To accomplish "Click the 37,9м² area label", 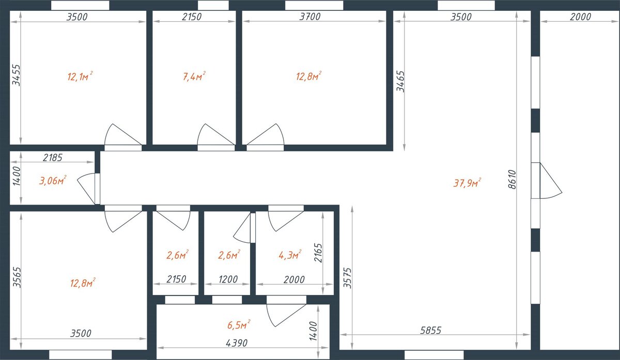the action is tap(467, 183).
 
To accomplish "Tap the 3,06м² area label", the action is tap(53, 180).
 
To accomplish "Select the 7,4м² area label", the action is tap(194, 76).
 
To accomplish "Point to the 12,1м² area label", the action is tap(80, 76).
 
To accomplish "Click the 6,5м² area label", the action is tap(239, 324).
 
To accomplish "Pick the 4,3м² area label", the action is tap(290, 255).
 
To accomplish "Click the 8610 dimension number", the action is tap(512, 179).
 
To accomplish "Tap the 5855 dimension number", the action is tap(431, 330).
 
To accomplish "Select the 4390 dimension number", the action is tap(237, 343).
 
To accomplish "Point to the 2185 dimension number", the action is tap(53, 158).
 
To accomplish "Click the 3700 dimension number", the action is tap(310, 17).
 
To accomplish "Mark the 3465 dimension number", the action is tap(400, 82).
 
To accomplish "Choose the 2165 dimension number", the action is tap(318, 253).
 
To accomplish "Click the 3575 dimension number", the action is tap(347, 278).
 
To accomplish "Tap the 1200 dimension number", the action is tap(228, 279).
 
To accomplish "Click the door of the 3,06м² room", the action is tap(88, 189).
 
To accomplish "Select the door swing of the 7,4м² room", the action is tap(216, 134).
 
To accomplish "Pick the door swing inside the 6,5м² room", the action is tap(286, 315).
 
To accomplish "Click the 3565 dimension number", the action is tap(17, 277).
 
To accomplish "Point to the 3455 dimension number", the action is tap(16, 75).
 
